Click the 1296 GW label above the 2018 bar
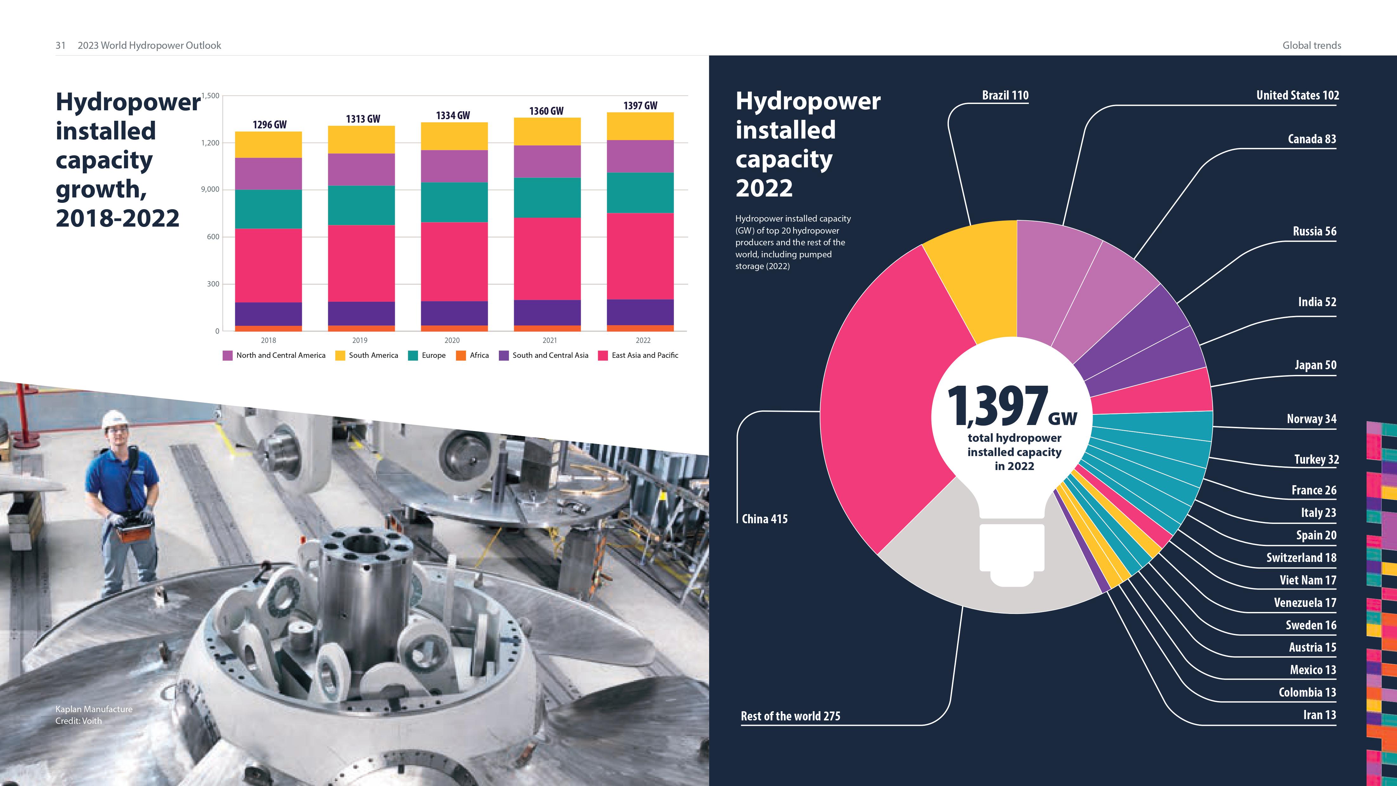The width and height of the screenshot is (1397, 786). (270, 125)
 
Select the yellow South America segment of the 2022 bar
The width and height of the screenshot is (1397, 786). (640, 126)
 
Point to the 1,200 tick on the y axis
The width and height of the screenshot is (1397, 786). (211, 143)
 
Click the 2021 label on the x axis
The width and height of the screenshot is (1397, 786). (549, 340)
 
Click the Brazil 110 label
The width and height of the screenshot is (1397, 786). (1005, 95)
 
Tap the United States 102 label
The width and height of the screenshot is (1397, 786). (1297, 95)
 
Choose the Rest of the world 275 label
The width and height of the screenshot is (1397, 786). (790, 716)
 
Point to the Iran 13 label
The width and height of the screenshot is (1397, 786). (1319, 715)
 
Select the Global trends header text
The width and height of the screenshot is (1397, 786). (1311, 46)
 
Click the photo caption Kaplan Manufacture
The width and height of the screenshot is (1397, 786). (94, 709)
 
